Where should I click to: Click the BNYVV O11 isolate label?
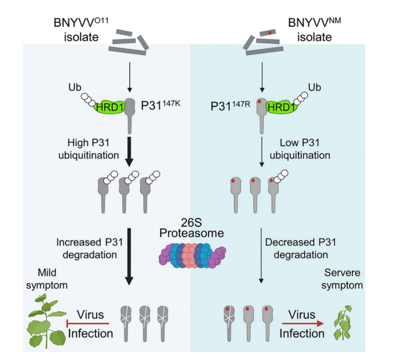(x=81, y=30)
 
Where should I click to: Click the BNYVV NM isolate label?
(x=314, y=30)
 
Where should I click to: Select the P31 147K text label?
(x=160, y=105)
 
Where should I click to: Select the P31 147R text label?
(x=230, y=106)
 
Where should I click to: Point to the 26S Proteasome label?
(x=191, y=228)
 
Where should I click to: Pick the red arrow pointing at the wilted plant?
(x=302, y=324)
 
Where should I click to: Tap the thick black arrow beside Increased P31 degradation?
(x=129, y=256)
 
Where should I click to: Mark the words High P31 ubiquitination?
(x=88, y=149)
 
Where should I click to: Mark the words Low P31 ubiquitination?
(x=300, y=149)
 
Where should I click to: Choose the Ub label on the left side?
(x=75, y=87)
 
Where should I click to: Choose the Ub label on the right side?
(x=314, y=87)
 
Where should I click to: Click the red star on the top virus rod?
(x=270, y=32)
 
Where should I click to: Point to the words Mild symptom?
(x=47, y=279)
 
